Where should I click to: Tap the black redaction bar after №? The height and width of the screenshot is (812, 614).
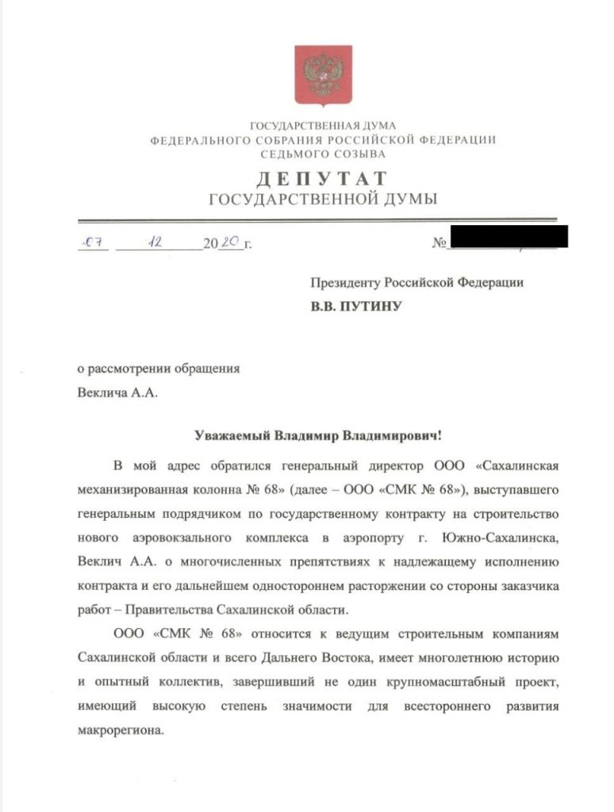(508, 237)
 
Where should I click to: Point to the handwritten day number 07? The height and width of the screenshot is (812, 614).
(96, 243)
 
